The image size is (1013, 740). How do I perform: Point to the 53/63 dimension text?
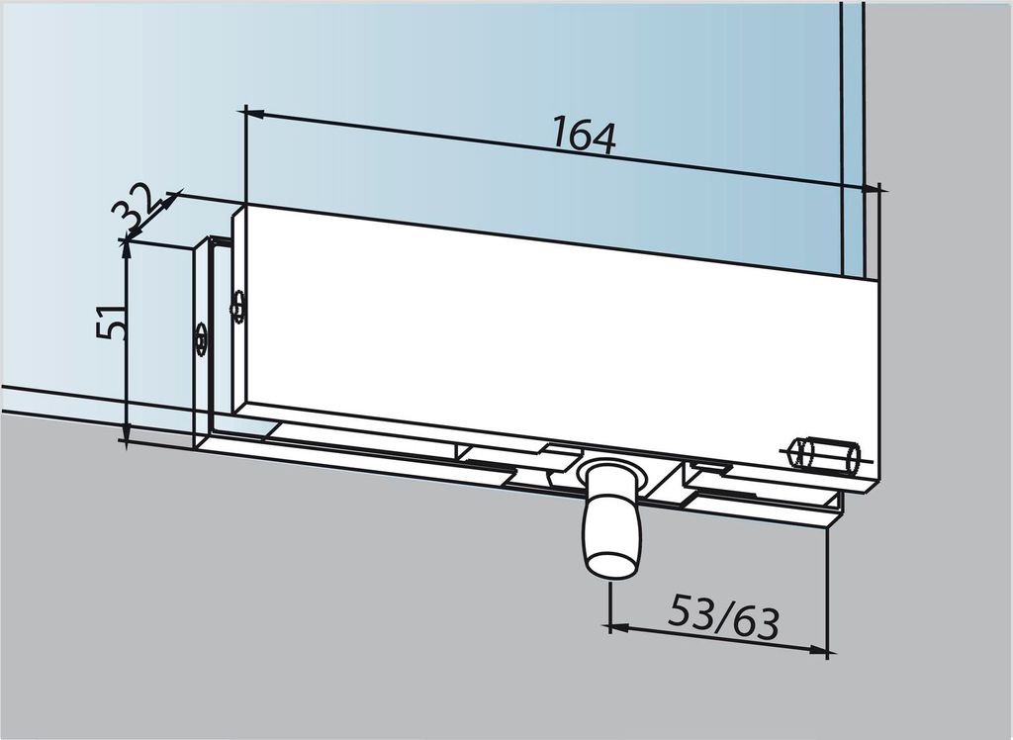click(723, 617)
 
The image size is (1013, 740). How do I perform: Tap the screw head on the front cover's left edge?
click(236, 306)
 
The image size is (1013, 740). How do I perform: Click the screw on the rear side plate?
click(201, 338)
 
